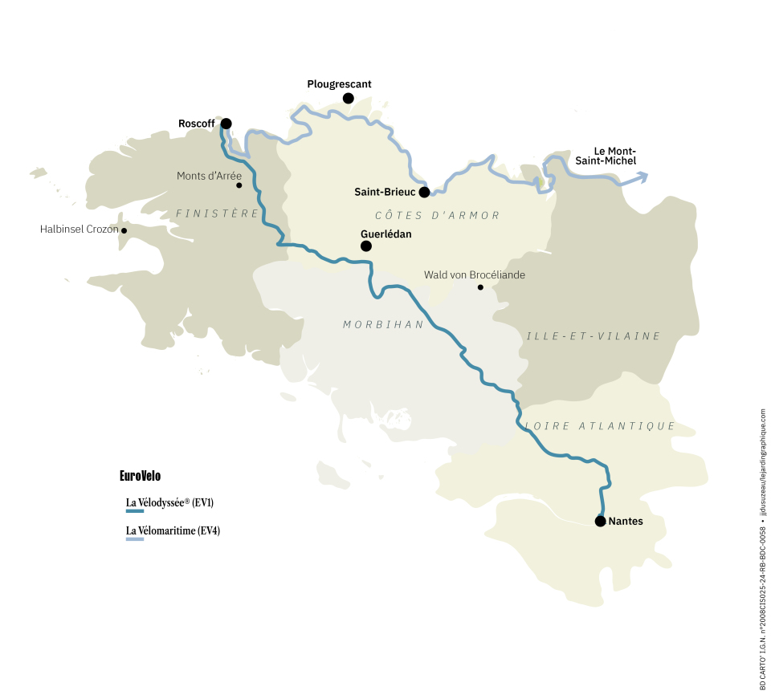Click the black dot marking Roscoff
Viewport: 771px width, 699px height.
226,124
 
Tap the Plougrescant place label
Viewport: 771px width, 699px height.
339,84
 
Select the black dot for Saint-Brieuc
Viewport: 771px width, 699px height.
424,192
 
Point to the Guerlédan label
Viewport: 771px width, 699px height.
386,234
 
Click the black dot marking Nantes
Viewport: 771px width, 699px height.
600,521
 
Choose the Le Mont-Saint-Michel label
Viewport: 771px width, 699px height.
614,156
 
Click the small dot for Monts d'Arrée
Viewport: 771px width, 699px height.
239,185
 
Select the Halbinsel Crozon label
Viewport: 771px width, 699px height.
79,230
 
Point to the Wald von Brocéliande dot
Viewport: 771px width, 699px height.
480,287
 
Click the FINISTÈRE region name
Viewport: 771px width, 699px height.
218,213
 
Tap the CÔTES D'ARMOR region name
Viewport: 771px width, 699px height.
438,215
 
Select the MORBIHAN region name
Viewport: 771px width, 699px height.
383,324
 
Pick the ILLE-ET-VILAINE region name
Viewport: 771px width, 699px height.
593,336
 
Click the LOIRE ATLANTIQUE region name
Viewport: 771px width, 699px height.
599,426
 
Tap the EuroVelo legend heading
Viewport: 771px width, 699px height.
140,476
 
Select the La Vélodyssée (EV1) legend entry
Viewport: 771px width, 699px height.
169,503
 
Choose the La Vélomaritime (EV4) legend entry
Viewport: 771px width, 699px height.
173,530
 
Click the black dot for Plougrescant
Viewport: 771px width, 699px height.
349,98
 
